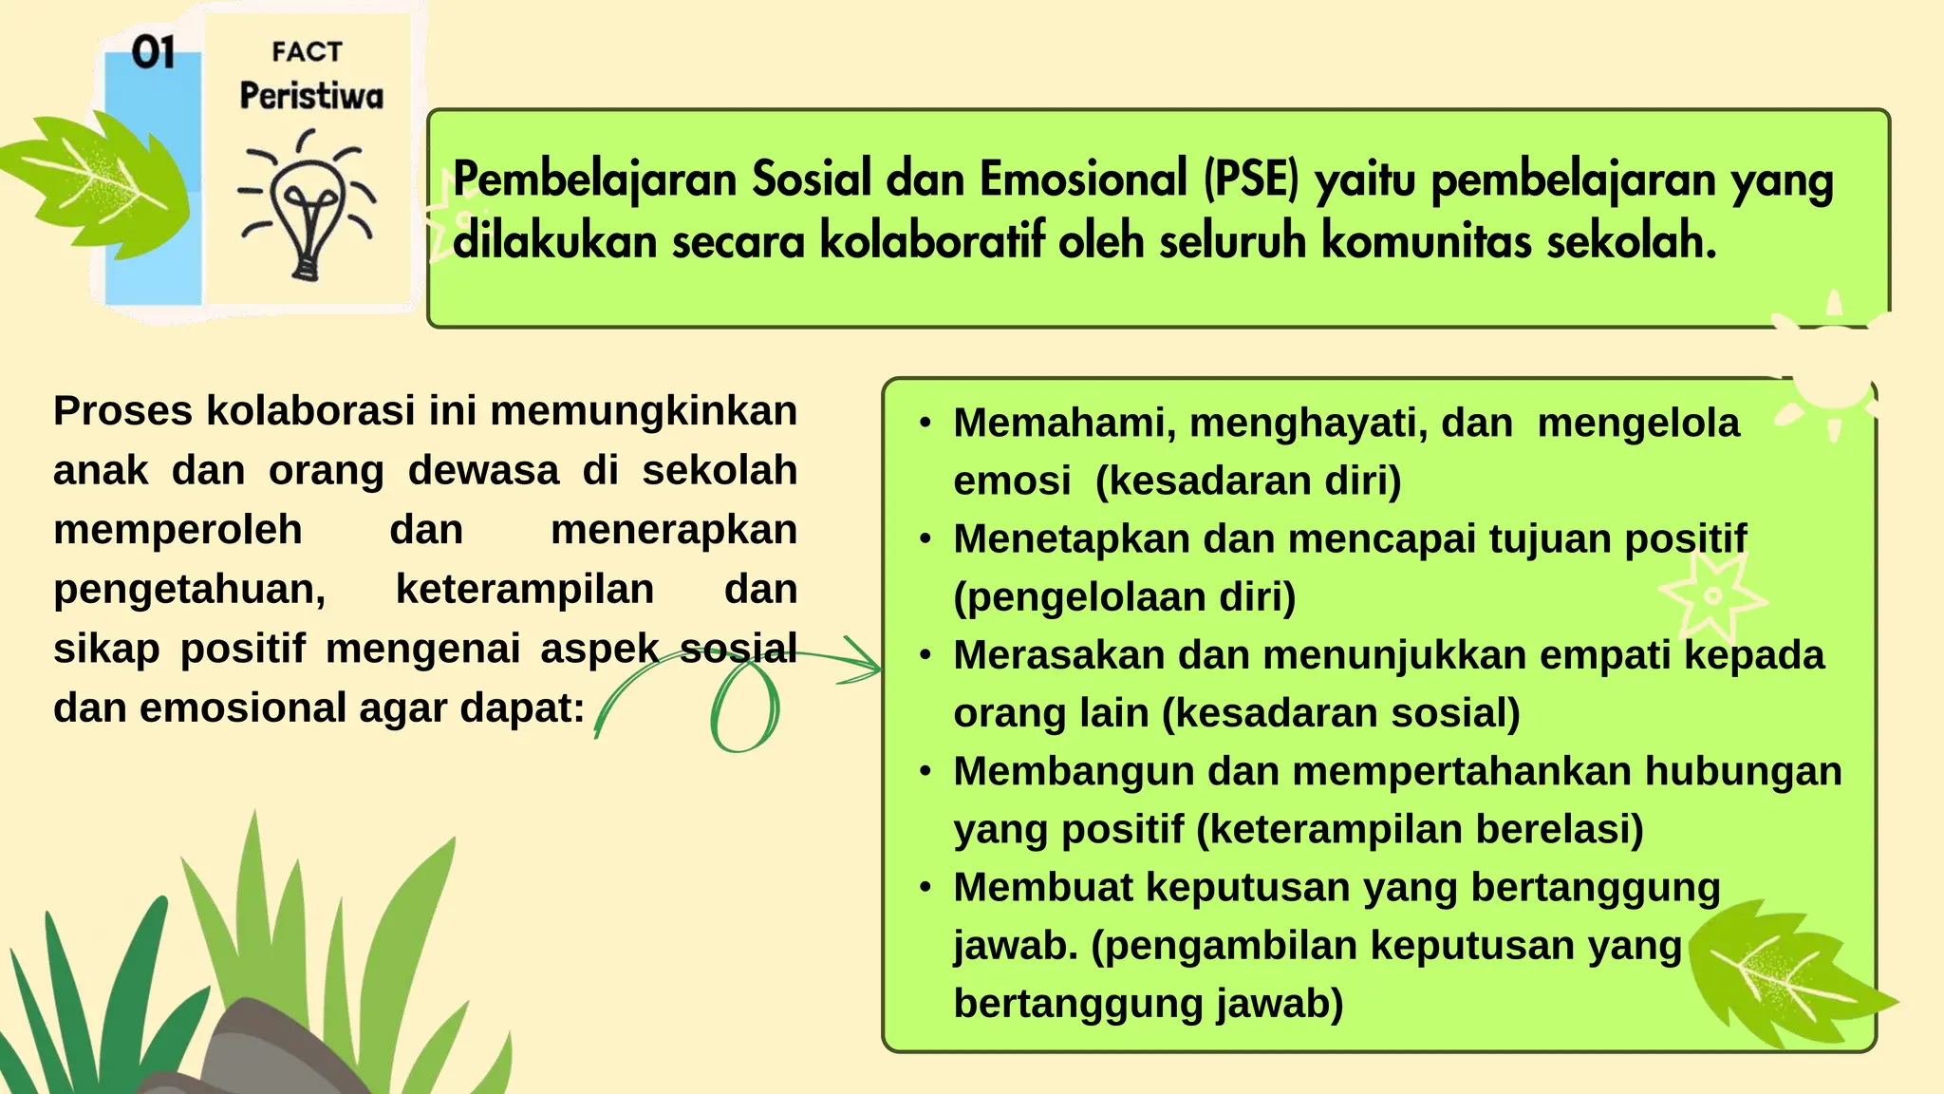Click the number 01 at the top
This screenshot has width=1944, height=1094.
153,52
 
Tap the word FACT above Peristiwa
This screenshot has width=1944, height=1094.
306,51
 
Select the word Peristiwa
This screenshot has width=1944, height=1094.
311,96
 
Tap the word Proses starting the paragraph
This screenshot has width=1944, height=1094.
122,411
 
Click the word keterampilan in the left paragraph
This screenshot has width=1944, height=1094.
525,590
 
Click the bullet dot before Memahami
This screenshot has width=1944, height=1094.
926,424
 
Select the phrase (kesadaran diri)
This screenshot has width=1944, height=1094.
1248,481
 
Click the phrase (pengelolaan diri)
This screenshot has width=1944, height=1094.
1125,597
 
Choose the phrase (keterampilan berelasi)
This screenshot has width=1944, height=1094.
1419,829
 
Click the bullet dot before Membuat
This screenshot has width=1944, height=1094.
926,888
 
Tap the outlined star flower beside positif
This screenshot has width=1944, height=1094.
1711,595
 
